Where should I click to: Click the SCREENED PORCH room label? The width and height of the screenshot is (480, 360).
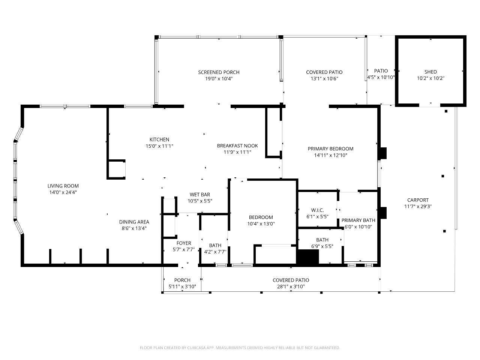219,72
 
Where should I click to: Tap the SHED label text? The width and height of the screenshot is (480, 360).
430,72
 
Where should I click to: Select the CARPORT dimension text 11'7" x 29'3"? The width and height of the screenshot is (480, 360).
418,207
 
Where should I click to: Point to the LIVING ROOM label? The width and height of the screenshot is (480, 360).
63,186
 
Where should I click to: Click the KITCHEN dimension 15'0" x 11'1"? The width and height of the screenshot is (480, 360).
159,146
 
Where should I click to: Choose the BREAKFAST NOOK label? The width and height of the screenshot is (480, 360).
237,146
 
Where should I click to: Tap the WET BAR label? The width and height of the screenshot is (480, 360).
200,195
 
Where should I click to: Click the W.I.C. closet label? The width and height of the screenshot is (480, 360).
318,210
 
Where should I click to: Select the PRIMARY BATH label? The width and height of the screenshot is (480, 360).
358,220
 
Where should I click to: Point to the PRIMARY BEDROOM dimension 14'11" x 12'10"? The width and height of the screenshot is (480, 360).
331,155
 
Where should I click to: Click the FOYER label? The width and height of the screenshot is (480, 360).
184,243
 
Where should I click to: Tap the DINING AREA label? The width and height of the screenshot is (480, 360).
134,222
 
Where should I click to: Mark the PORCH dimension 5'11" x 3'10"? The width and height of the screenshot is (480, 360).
182,286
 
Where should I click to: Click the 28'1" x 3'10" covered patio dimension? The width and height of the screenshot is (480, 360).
291,286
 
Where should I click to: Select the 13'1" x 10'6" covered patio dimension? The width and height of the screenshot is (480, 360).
324,79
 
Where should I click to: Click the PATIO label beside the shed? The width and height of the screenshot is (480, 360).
381,71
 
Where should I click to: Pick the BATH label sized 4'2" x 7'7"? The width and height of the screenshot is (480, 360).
215,246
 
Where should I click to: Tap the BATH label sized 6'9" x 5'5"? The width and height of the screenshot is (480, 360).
322,240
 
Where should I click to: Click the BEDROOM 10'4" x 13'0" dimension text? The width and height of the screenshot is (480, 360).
261,224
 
